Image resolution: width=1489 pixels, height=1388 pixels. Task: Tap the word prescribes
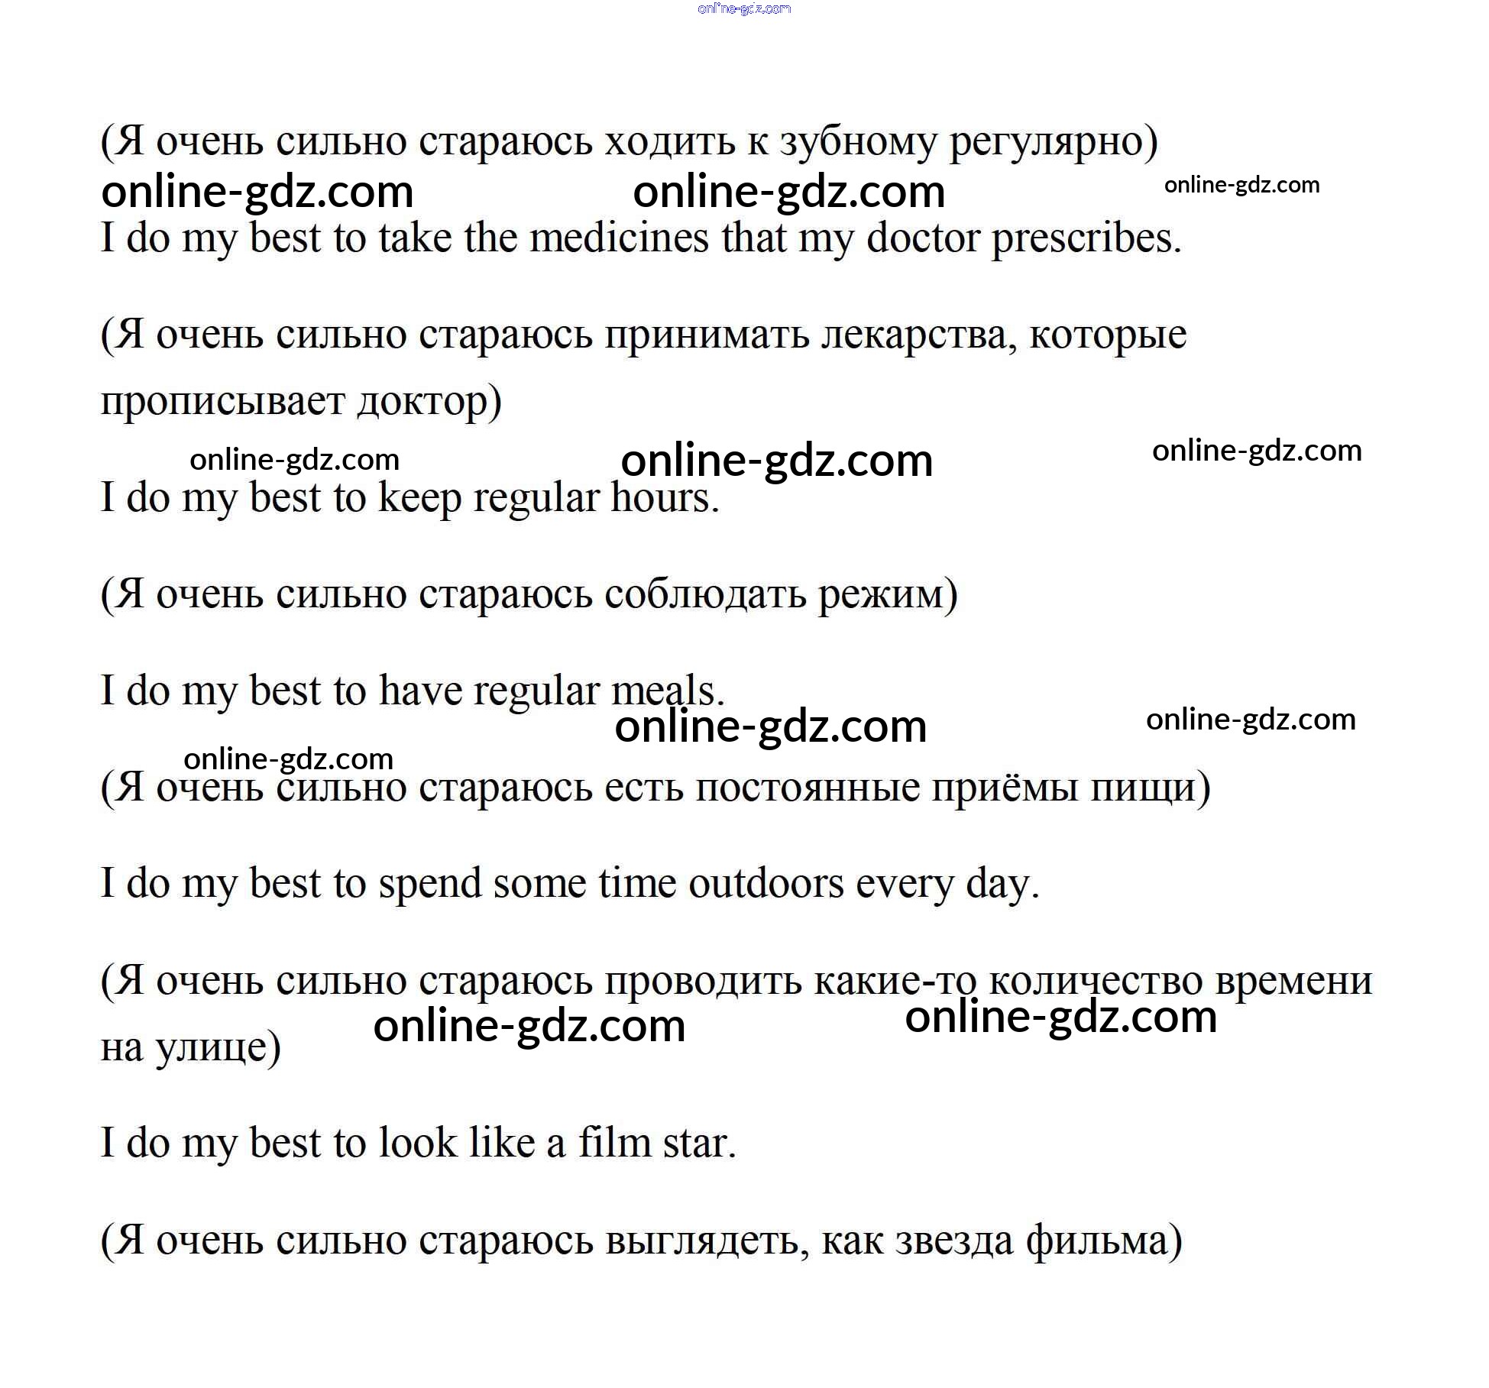1086,238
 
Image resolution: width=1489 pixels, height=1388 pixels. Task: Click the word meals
668,691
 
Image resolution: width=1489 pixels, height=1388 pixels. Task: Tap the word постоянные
808,788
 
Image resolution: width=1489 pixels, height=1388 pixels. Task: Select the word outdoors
766,884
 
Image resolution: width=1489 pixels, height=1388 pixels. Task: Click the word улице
218,1047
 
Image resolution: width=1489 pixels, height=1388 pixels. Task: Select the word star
699,1144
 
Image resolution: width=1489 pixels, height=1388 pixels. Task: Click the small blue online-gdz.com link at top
744,9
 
